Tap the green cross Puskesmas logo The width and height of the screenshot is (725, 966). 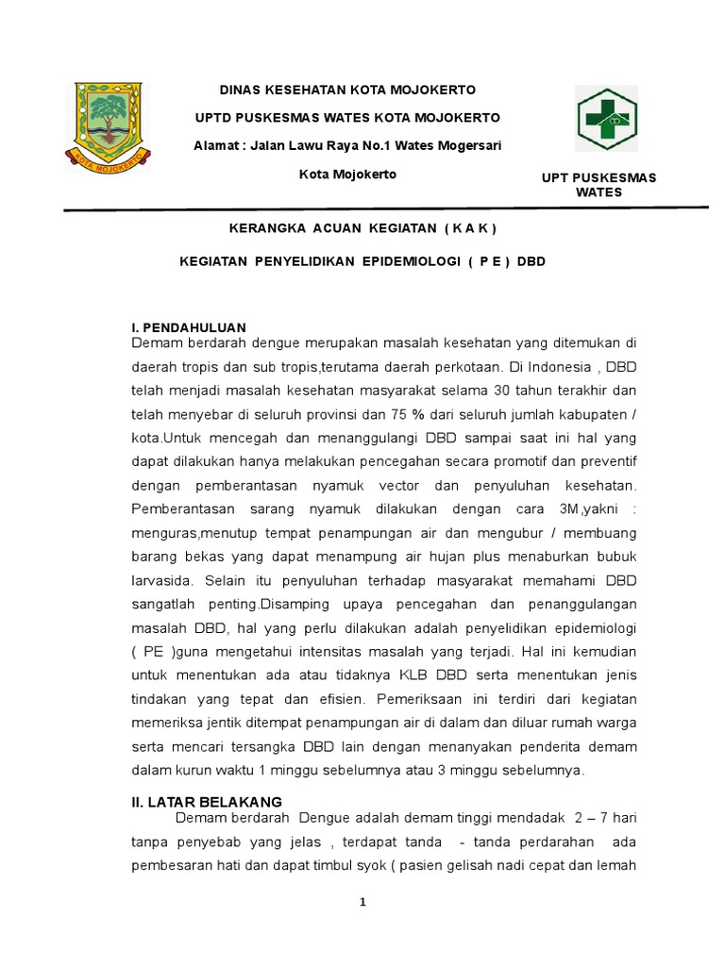606,120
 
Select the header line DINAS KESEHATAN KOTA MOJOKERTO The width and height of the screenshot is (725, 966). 348,90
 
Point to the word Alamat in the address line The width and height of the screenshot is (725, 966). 216,144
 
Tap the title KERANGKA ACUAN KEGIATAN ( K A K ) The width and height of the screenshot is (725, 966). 362,228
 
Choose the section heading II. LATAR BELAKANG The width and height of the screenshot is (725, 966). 206,801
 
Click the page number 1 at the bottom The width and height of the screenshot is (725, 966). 362,902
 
